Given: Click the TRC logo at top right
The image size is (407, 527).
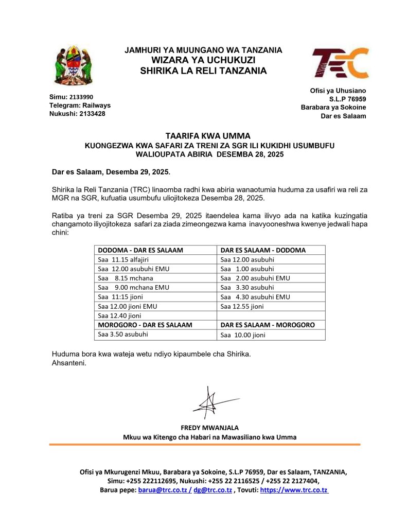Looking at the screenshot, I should [340, 63].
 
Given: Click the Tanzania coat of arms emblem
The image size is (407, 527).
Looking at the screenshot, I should [74, 65].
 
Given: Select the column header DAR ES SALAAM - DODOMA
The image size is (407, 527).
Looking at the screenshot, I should [263, 250].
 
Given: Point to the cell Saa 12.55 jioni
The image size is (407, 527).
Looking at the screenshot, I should [242, 306].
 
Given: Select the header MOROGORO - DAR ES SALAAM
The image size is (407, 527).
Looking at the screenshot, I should [145, 325].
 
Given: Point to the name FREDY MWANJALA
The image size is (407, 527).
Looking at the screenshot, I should [209, 428].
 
